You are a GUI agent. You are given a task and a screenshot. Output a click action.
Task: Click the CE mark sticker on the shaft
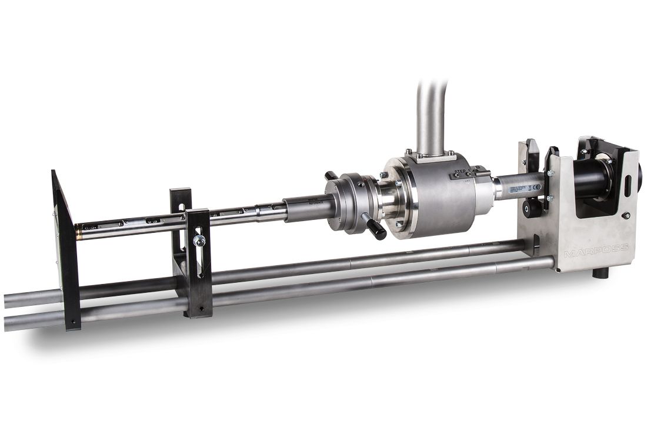[529, 187]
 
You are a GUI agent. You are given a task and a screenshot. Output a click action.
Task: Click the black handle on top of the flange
[332, 176]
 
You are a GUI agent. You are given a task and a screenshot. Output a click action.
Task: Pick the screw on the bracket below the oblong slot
[628, 216]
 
